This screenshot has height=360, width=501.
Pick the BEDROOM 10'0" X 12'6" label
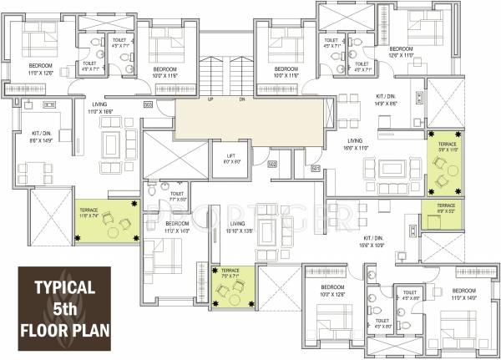326,292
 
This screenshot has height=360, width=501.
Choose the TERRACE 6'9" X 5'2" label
445,209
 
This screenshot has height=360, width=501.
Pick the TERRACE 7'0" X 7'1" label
230,273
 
